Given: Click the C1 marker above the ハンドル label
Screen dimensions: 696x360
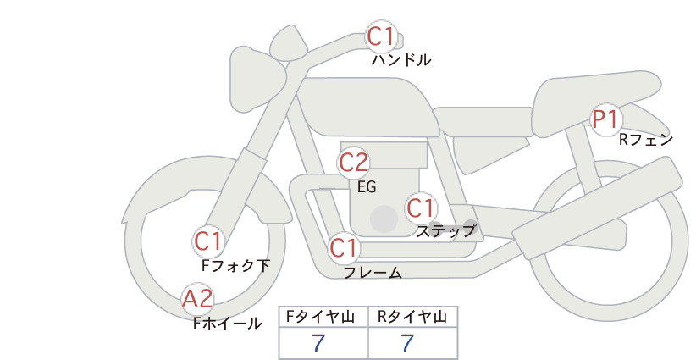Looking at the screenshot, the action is [x=381, y=36].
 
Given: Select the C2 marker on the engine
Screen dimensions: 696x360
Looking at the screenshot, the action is [x=354, y=163].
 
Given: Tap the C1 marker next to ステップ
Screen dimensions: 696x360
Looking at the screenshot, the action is [x=421, y=208].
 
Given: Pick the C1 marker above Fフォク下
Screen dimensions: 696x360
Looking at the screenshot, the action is [x=208, y=242].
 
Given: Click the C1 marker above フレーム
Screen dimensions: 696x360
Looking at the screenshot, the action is [x=344, y=247].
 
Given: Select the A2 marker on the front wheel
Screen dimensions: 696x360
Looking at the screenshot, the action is [x=197, y=299].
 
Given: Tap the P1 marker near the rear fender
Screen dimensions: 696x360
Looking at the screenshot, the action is [x=606, y=119].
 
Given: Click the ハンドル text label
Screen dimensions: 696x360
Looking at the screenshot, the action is [x=401, y=60].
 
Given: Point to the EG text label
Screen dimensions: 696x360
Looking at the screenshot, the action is [x=367, y=187].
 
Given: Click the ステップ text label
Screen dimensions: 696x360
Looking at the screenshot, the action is [x=445, y=231].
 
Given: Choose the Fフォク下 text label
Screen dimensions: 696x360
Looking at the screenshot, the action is [x=235, y=266].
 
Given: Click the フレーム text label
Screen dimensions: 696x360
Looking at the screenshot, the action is [x=373, y=273].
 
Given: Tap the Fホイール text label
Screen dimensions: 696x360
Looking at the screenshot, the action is [x=228, y=324].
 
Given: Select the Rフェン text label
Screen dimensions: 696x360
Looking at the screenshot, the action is [x=646, y=141].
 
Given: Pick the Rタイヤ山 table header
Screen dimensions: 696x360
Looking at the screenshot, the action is [x=412, y=317].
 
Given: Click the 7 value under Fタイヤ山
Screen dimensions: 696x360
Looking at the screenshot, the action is [x=318, y=343].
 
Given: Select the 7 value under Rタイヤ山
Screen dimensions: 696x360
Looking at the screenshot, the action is [x=407, y=343].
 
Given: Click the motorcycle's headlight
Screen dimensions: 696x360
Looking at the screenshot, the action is [x=257, y=80].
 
